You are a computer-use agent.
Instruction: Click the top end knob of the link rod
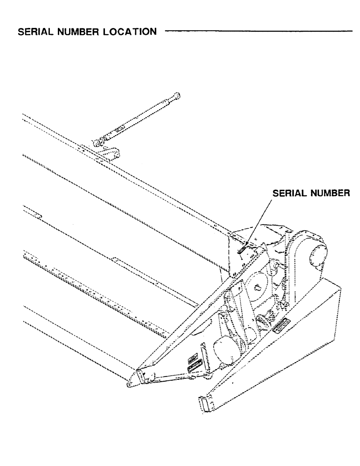click(177, 96)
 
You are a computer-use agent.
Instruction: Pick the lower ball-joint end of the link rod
click(99, 141)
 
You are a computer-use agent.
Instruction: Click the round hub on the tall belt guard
click(318, 256)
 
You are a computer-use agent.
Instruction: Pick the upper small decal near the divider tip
click(191, 359)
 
